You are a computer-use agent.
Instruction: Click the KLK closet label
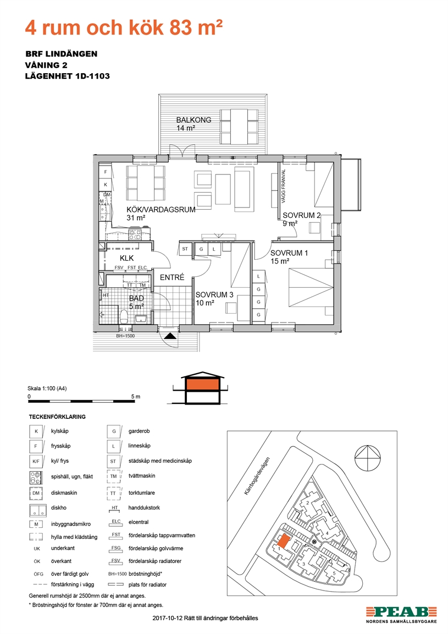126,258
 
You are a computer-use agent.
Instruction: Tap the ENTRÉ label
172,277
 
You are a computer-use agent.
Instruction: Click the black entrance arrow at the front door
170,336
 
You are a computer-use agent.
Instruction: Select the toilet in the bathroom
124,316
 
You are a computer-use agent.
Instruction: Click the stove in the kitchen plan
135,234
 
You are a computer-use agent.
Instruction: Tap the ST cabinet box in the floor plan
185,249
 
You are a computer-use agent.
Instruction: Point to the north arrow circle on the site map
368,458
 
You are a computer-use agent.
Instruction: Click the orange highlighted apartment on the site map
283,540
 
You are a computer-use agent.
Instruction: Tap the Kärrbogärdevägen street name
257,476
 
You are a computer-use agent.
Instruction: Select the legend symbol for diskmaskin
36,493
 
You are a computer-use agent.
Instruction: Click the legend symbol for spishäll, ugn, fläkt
36,478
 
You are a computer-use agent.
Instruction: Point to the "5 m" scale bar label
136,397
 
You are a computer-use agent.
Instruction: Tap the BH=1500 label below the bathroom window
125,336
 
